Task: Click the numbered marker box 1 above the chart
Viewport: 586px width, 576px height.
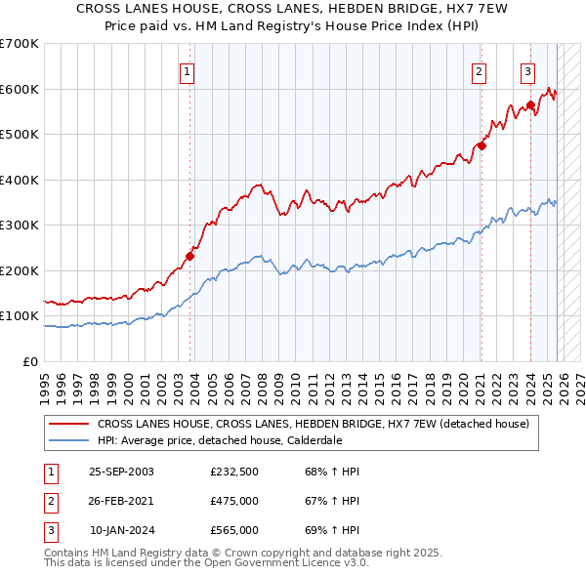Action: point(186,70)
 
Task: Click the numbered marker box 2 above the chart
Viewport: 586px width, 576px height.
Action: point(480,70)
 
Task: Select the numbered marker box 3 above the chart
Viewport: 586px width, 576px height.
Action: point(527,70)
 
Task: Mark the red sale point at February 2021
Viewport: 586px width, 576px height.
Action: point(481,145)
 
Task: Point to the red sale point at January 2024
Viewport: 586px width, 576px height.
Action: point(530,104)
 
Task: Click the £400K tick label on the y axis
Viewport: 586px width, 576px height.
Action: point(20,180)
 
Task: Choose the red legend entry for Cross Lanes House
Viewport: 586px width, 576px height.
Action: point(313,424)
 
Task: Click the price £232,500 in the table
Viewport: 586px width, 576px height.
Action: point(234,472)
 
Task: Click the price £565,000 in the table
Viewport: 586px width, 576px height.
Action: point(234,530)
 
